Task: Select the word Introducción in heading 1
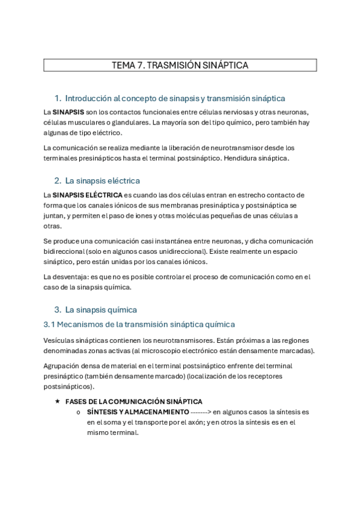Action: pyautogui.click(x=88, y=98)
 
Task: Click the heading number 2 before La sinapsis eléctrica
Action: pyautogui.click(x=57, y=180)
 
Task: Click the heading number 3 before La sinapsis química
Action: pyautogui.click(x=57, y=310)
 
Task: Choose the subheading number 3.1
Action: pyautogui.click(x=50, y=324)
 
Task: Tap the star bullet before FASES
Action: pyautogui.click(x=57, y=401)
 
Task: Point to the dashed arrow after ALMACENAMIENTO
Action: pyautogui.click(x=200, y=411)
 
